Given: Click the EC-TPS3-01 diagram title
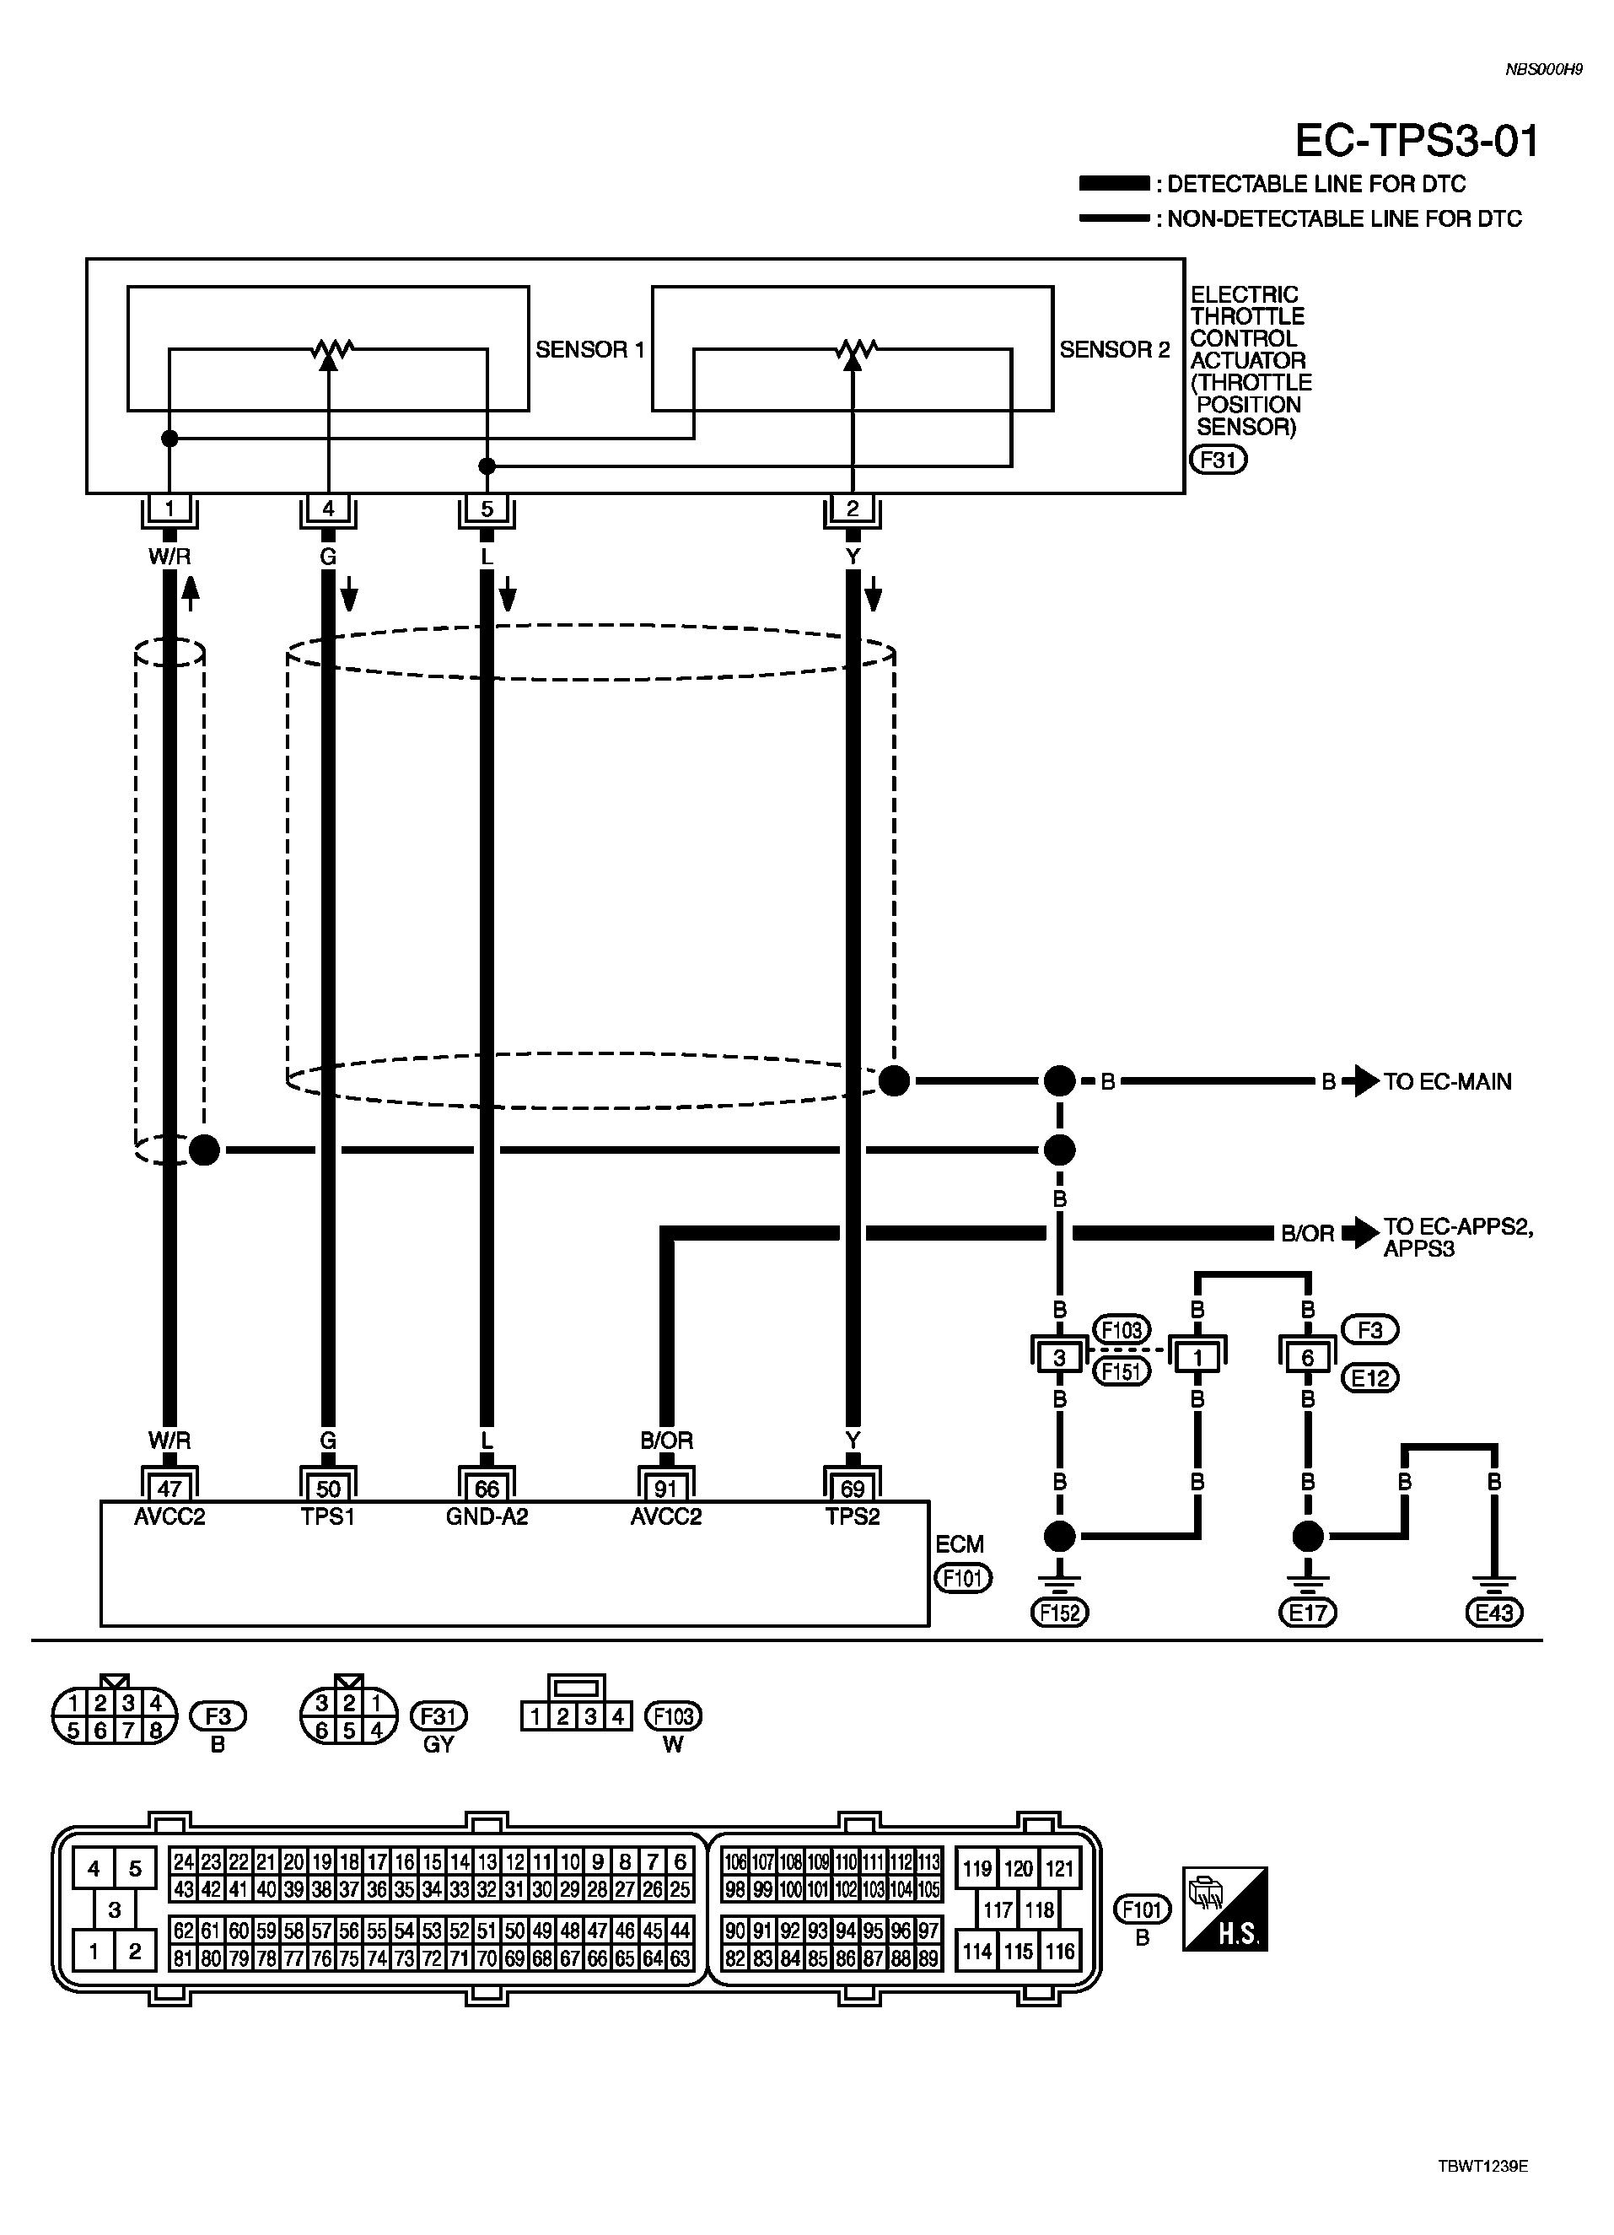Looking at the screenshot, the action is click(1416, 141).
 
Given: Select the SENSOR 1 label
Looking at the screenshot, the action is click(589, 349).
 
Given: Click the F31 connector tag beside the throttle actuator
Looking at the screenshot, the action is click(1218, 460).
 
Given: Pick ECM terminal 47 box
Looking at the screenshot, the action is click(169, 1486).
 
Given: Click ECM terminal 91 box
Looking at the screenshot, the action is click(666, 1486).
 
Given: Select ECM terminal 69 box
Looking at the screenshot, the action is click(853, 1486).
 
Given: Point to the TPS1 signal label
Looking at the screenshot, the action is click(328, 1516).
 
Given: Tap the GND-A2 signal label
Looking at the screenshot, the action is click(487, 1516).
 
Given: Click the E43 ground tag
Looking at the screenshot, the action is click(1493, 1613).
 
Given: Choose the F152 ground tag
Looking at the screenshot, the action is click(1059, 1613).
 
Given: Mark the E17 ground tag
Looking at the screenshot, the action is click(1308, 1613).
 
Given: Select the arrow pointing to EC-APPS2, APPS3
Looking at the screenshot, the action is click(1363, 1233).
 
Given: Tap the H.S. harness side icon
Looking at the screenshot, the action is click(1224, 1909).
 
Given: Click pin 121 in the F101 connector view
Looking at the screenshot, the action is click(1059, 1867).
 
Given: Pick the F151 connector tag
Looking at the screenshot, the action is click(1122, 1371).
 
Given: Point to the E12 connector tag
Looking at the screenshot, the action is click(1370, 1377).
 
